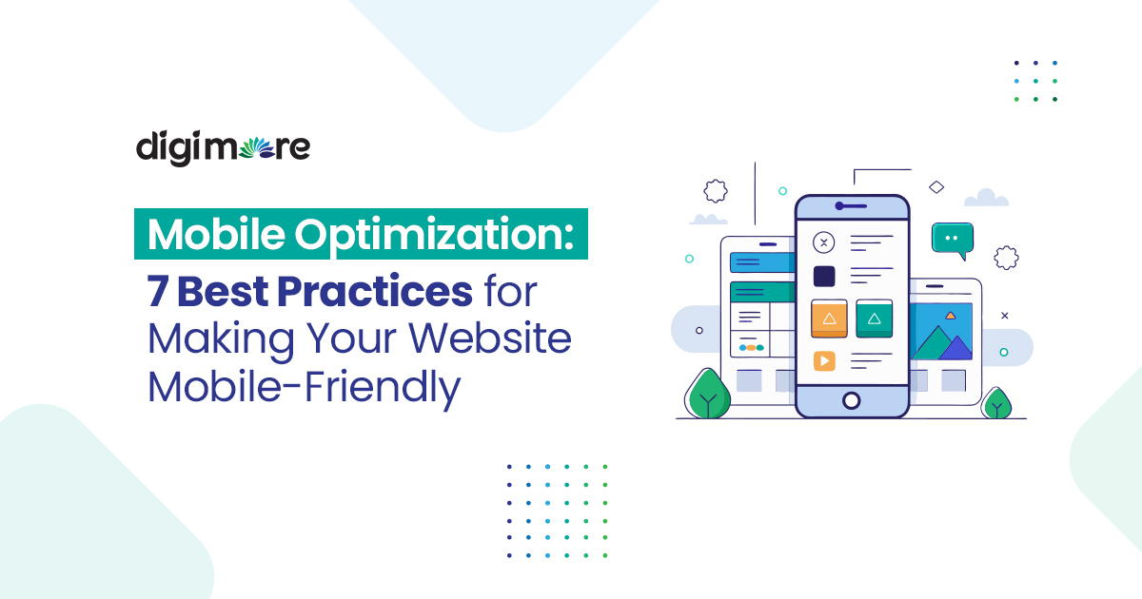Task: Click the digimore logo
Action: (223, 148)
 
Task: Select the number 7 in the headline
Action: (158, 292)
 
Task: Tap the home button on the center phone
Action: (852, 400)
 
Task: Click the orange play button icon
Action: (824, 360)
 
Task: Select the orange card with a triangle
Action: (829, 319)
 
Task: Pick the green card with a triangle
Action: (874, 319)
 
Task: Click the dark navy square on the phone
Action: (824, 277)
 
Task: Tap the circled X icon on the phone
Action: (824, 242)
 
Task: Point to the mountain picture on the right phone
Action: (942, 333)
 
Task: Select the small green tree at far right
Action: (996, 404)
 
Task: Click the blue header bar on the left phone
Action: (761, 262)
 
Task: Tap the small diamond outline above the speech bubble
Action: (936, 187)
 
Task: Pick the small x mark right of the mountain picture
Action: (1004, 316)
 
